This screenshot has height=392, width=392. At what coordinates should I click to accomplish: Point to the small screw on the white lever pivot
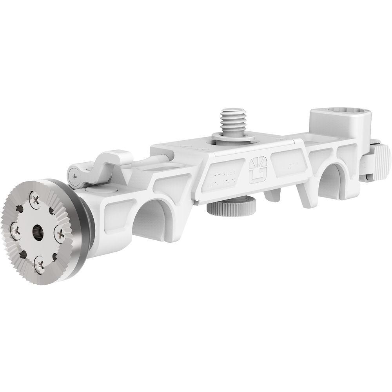tap(74, 176)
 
